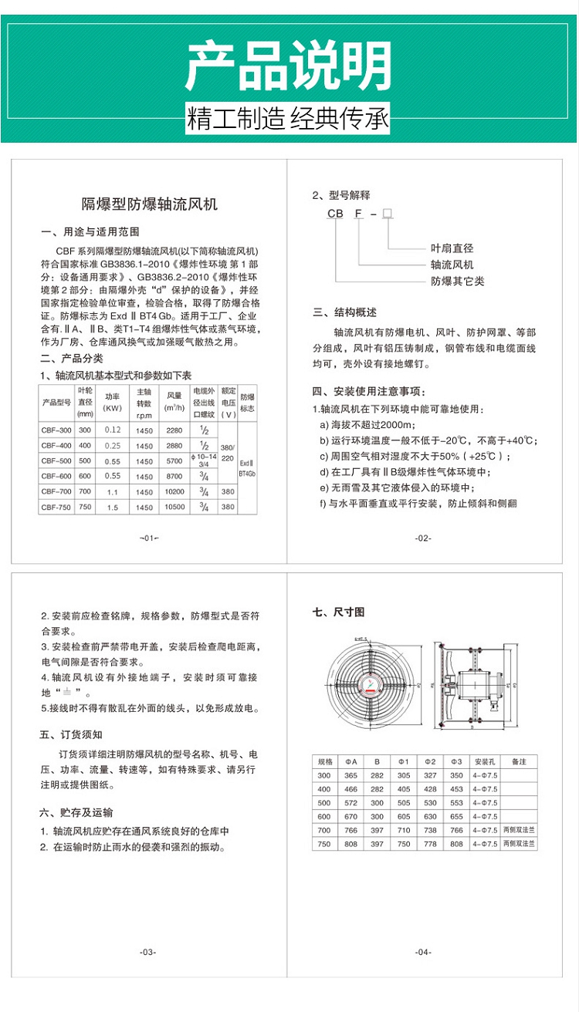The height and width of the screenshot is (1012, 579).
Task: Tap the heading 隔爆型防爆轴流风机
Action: pyautogui.click(x=150, y=204)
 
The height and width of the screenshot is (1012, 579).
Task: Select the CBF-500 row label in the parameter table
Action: pyautogui.click(x=56, y=460)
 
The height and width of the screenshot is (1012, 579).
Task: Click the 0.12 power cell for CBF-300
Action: pyautogui.click(x=113, y=430)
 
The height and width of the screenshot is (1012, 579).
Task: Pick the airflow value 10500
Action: pyautogui.click(x=174, y=507)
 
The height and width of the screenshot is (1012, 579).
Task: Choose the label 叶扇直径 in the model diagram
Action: pyautogui.click(x=452, y=248)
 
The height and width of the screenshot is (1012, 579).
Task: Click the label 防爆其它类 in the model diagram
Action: pyautogui.click(x=457, y=281)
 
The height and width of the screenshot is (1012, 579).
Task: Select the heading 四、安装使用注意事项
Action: pyautogui.click(x=368, y=392)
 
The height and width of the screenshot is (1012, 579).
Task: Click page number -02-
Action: pyautogui.click(x=423, y=538)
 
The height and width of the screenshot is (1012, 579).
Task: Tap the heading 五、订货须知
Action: pyautogui.click(x=71, y=734)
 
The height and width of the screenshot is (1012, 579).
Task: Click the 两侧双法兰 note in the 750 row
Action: pyautogui.click(x=519, y=845)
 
